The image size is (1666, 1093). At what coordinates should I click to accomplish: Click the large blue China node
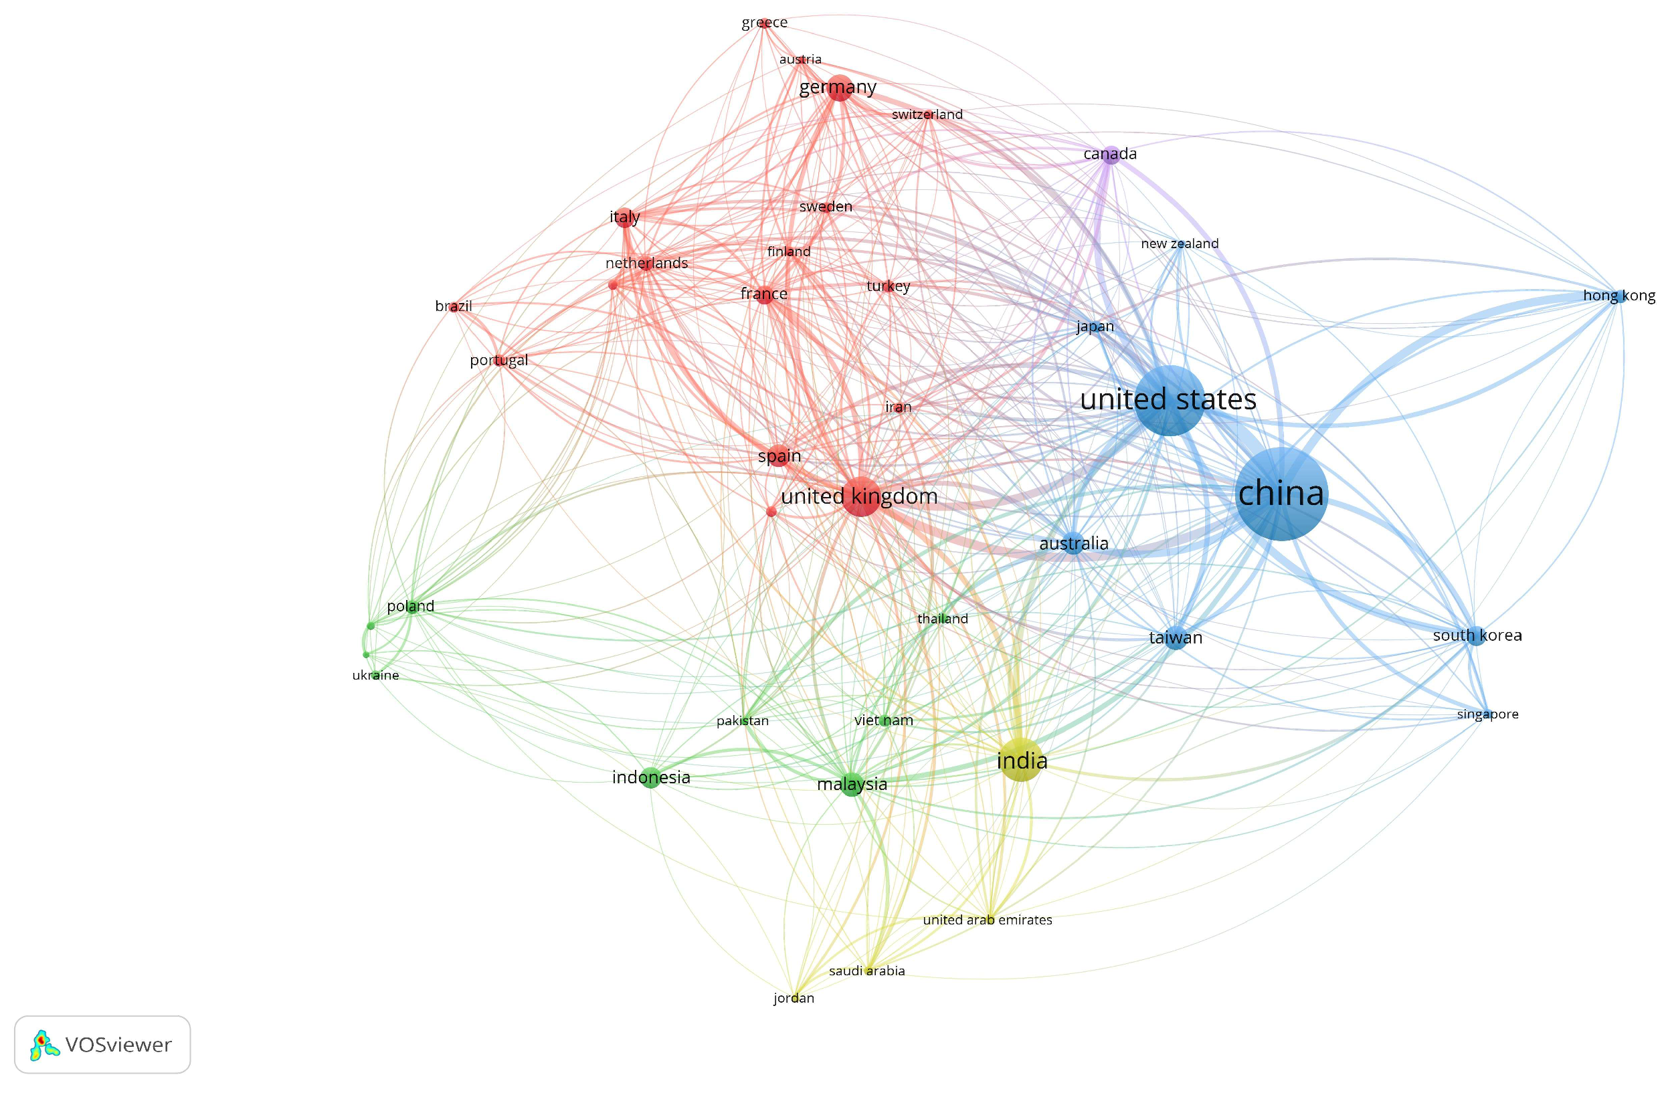1281,494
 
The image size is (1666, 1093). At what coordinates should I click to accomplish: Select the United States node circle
1170,400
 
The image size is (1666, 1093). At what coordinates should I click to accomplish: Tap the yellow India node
1021,760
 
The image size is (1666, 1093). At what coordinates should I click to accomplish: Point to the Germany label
837,87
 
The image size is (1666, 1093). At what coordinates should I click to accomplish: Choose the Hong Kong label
1618,295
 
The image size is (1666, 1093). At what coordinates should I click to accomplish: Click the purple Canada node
1111,155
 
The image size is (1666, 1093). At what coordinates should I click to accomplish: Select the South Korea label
1477,635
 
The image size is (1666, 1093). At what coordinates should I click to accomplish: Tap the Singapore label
1487,714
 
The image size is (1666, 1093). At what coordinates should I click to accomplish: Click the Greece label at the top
764,22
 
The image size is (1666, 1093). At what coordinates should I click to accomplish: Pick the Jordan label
794,998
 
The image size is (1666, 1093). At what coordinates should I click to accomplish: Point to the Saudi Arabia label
866,971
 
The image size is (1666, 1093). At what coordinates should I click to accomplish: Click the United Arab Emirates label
987,920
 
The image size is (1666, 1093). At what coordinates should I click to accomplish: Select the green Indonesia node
650,777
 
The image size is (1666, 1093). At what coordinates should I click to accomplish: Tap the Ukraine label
375,675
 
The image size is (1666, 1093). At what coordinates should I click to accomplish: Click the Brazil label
454,306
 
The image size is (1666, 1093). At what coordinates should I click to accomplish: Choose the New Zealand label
1180,243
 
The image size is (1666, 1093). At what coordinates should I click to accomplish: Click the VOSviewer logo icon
44,1045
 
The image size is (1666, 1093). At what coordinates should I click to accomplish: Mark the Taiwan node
1176,639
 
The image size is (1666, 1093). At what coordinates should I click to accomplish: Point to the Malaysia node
852,785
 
